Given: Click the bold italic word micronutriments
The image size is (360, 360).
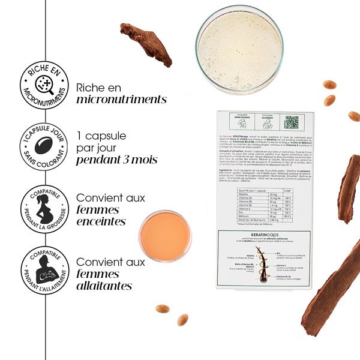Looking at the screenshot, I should [121, 99].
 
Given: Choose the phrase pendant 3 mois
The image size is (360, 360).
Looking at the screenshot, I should [116, 160].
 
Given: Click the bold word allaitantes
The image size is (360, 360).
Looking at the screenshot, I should [104, 286].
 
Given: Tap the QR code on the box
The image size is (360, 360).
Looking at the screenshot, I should [291, 122].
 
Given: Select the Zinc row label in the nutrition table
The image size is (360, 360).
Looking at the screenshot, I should [227, 212].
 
